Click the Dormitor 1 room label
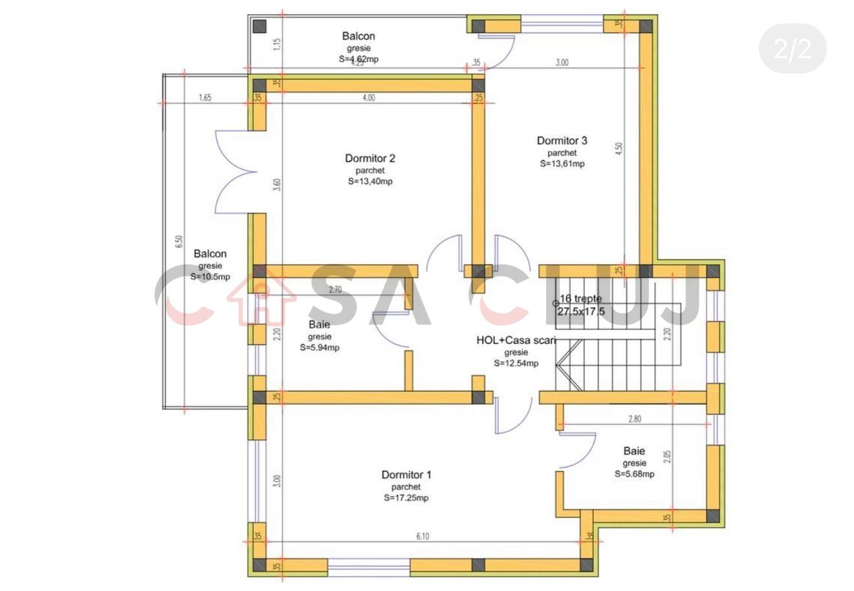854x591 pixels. pyautogui.click(x=406, y=475)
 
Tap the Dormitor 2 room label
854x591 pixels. pyautogui.click(x=370, y=158)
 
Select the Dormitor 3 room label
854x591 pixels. pyautogui.click(x=562, y=140)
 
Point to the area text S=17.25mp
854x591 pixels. pyautogui.click(x=406, y=498)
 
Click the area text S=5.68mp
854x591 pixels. pyautogui.click(x=634, y=474)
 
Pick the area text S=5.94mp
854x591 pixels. pyautogui.click(x=320, y=347)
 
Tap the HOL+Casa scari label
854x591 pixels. pyautogui.click(x=516, y=340)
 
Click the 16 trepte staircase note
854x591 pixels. pyautogui.click(x=580, y=299)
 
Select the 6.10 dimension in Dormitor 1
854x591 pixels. pyautogui.click(x=422, y=535)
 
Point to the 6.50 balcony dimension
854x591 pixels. pyautogui.click(x=179, y=242)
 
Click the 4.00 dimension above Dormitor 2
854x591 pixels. pyautogui.click(x=368, y=98)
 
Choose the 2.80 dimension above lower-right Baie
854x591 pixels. pyautogui.click(x=634, y=418)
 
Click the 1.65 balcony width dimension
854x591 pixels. pyautogui.click(x=205, y=98)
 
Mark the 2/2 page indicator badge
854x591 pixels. pyautogui.click(x=792, y=49)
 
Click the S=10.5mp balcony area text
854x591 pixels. pyautogui.click(x=210, y=277)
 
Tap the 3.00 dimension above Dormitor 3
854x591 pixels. pyautogui.click(x=562, y=63)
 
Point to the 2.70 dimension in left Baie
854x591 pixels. pyautogui.click(x=335, y=290)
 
